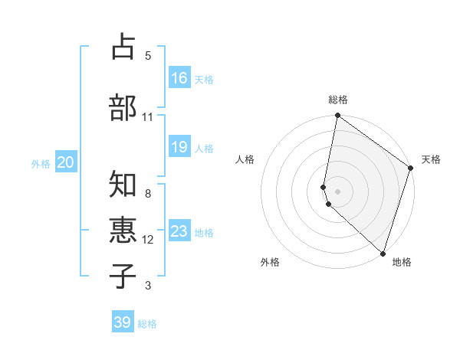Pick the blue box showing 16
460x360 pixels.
179,78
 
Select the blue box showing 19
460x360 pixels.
179,147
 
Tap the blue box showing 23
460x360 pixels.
179,231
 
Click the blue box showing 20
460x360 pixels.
66,162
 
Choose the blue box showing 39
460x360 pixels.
123,322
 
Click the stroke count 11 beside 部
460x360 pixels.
147,117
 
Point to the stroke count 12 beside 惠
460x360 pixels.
148,240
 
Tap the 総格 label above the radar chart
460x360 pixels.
338,100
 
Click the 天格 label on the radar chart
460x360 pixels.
431,159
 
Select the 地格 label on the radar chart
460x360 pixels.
402,262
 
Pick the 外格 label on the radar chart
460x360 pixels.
270,262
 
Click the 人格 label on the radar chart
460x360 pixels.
245,159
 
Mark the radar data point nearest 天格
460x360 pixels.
411,168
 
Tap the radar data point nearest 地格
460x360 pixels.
383,253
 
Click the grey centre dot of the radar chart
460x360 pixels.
338,191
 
